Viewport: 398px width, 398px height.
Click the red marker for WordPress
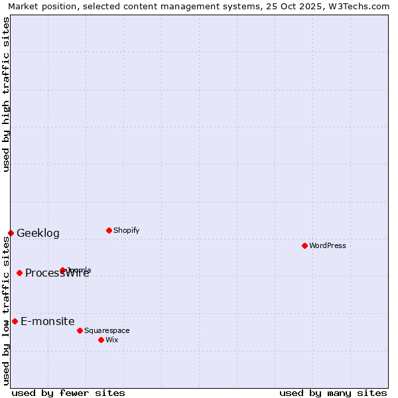click(304, 245)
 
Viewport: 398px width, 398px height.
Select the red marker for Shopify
click(109, 230)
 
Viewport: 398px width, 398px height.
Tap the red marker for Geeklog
click(11, 233)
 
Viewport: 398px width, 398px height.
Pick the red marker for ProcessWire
click(19, 273)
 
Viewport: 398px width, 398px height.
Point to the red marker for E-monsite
click(15, 321)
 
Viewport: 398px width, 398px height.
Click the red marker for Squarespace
click(80, 330)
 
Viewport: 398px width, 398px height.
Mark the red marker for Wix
click(101, 340)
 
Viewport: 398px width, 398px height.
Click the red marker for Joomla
click(62, 270)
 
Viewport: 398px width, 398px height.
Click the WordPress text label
click(328, 245)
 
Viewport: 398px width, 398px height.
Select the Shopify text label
click(126, 230)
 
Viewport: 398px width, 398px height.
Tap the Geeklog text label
click(38, 233)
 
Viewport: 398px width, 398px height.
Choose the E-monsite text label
click(47, 321)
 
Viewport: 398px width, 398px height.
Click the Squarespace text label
click(107, 330)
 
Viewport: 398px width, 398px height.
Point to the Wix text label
click(112, 340)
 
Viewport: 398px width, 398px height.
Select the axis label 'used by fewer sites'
click(68, 393)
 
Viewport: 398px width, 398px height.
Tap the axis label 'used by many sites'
click(333, 393)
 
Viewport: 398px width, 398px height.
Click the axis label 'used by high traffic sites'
click(6, 94)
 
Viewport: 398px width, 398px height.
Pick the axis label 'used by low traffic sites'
click(6, 310)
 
